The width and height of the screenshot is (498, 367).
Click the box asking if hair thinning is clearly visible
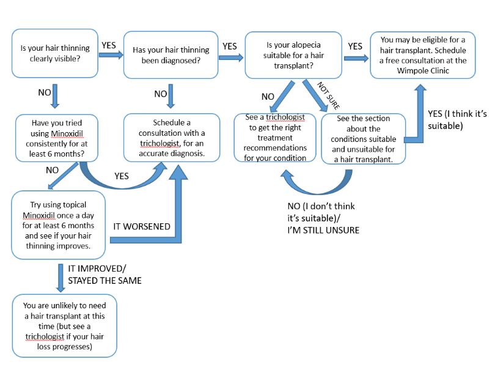[x=54, y=53]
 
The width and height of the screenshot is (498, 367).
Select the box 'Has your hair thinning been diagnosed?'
[x=170, y=54]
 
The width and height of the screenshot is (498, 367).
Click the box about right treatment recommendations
[x=275, y=138]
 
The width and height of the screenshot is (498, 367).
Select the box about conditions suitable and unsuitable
[x=364, y=139]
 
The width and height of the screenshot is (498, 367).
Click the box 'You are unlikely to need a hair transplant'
[x=64, y=325]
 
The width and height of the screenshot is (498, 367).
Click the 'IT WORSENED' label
[x=141, y=226]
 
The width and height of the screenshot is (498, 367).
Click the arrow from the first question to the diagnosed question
[x=110, y=56]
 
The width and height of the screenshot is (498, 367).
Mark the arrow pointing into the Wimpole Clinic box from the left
[x=356, y=58]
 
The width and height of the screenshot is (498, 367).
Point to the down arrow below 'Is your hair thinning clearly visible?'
[x=55, y=97]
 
